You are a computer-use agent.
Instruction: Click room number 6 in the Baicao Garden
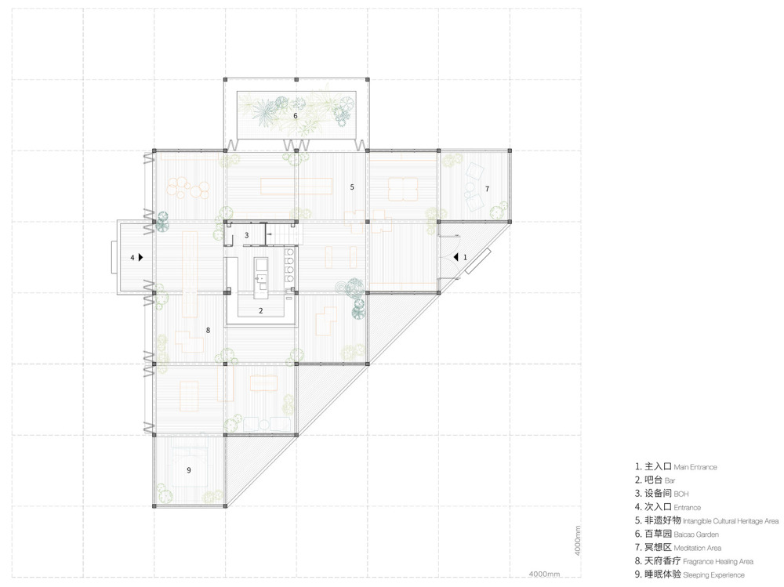pyautogui.click(x=296, y=116)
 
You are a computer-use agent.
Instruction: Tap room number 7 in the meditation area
pyautogui.click(x=487, y=189)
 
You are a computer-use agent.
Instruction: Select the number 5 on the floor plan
pyautogui.click(x=352, y=187)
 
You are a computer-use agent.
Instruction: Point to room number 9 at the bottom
pyautogui.click(x=188, y=470)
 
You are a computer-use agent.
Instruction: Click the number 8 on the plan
pyautogui.click(x=208, y=330)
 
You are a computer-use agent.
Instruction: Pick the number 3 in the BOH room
pyautogui.click(x=246, y=235)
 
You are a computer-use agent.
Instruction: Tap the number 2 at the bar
pyautogui.click(x=260, y=310)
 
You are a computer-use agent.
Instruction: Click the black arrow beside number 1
pyautogui.click(x=456, y=257)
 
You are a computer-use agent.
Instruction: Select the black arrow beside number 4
pyautogui.click(x=141, y=257)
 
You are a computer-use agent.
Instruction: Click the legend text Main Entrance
pyautogui.click(x=695, y=467)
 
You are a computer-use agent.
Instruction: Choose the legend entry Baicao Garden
pyautogui.click(x=696, y=534)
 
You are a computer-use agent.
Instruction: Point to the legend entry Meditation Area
pyautogui.click(x=697, y=548)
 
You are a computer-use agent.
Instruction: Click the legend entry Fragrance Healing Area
pyautogui.click(x=718, y=561)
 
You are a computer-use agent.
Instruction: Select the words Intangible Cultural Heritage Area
pyautogui.click(x=731, y=521)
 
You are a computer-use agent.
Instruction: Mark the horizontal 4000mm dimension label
pyautogui.click(x=544, y=574)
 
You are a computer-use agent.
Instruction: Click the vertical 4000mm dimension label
pyautogui.click(x=577, y=541)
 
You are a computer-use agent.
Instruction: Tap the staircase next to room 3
pyautogui.click(x=284, y=234)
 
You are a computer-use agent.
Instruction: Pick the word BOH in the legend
pyautogui.click(x=681, y=494)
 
